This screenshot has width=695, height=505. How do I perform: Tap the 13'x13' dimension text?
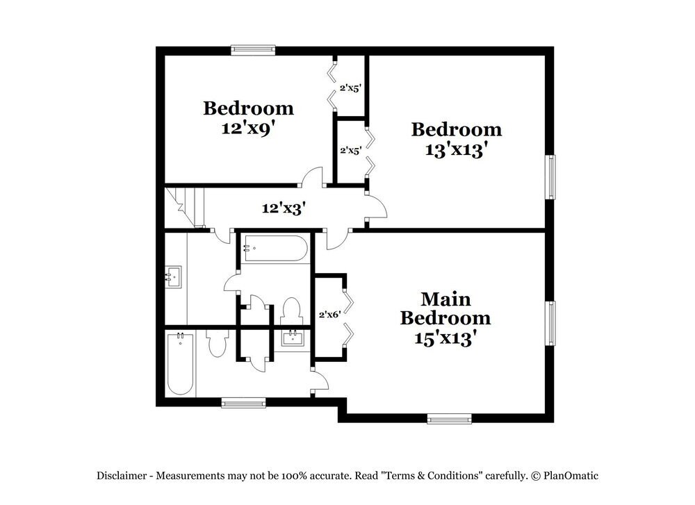coord(456,149)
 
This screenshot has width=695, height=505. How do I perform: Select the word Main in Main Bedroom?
coord(445,299)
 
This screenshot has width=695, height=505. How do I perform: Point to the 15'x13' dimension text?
coord(445,338)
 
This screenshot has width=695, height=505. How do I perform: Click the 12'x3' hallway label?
coord(284,207)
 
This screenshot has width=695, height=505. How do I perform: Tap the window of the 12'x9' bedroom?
coord(253,50)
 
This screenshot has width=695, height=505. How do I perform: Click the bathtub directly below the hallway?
coord(274,248)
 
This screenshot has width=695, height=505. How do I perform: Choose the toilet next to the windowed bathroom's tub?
coord(217,342)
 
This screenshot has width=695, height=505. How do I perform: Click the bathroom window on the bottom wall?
coord(243,401)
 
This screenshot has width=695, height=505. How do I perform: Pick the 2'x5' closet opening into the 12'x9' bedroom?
coord(349,88)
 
